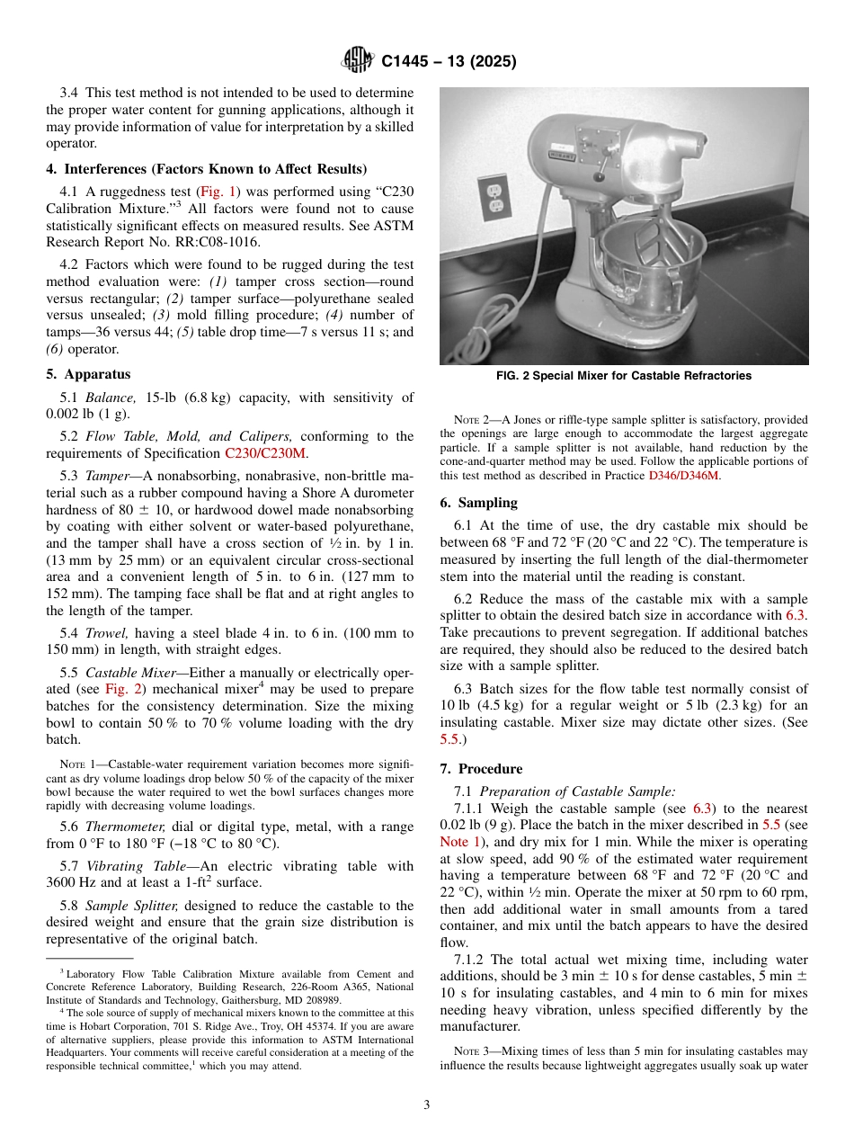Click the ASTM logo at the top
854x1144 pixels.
(358, 60)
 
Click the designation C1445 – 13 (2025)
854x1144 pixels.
(449, 61)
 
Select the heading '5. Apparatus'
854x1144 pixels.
(88, 374)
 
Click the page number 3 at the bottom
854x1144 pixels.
(427, 1105)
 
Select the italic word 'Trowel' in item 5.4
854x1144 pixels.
(105, 633)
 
